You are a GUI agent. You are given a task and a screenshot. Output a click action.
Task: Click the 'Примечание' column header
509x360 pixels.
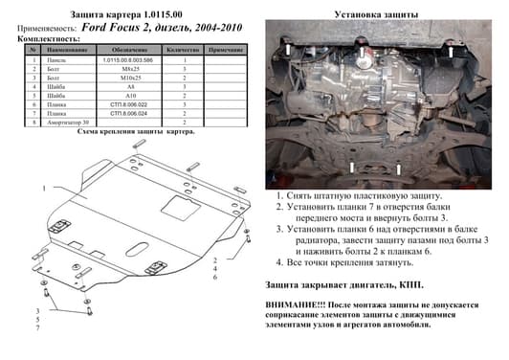[225, 48]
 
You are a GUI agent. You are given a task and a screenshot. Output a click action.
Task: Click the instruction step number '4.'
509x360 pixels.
[280, 260]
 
